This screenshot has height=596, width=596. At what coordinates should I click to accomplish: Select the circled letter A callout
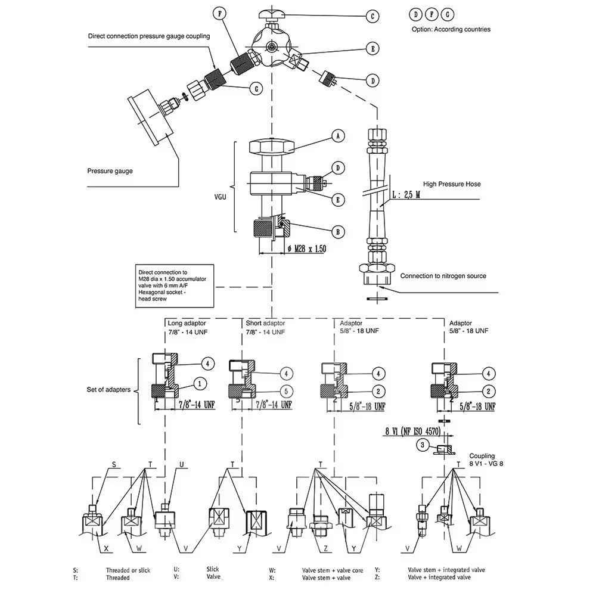(338, 136)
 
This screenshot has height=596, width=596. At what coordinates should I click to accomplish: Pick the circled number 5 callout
(286, 392)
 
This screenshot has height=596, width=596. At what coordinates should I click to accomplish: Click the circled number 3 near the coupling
(422, 445)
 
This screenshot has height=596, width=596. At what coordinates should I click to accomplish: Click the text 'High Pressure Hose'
(452, 184)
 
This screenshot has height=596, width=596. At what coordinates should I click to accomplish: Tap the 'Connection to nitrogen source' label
(443, 276)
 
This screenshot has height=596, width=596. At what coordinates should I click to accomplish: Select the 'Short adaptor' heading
(265, 323)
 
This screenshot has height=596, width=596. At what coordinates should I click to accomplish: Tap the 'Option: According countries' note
(451, 29)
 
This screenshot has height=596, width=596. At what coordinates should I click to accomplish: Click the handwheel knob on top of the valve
(271, 13)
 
